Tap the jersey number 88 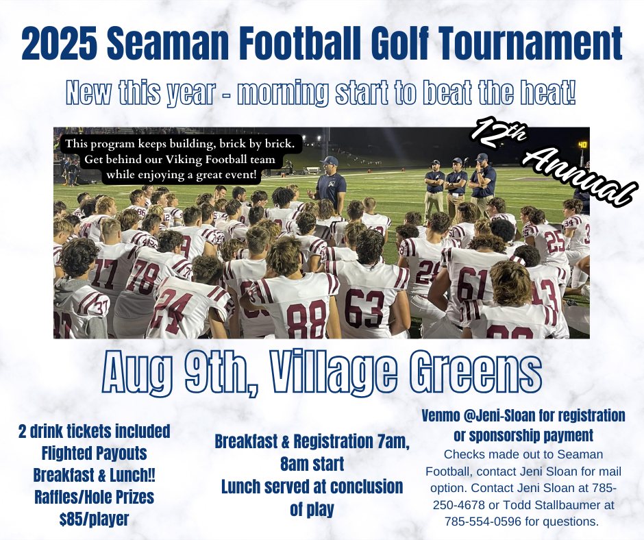click(x=306, y=317)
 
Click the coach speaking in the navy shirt click(x=331, y=183)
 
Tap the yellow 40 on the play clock click(x=583, y=144)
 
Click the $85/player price click(x=95, y=519)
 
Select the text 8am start click(x=312, y=465)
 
